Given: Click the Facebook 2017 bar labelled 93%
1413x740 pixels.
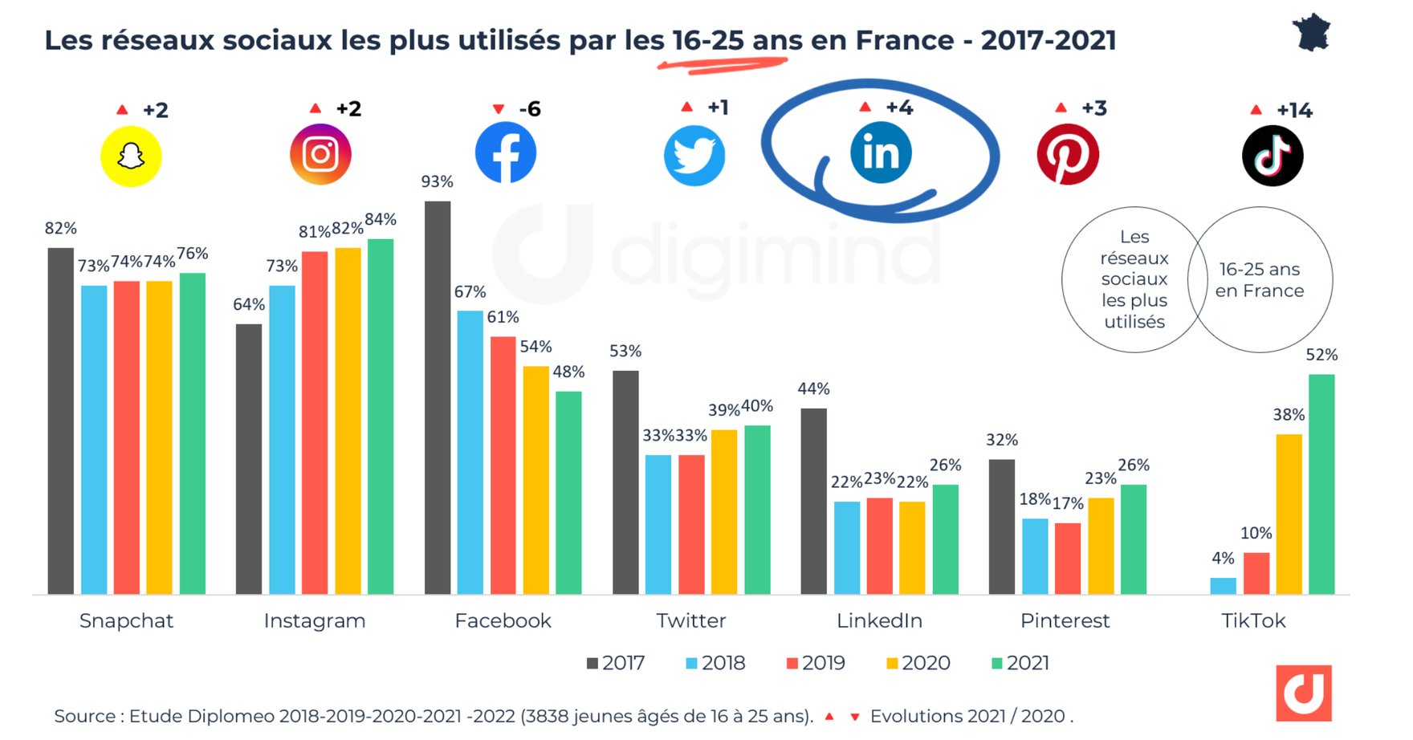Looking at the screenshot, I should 438,397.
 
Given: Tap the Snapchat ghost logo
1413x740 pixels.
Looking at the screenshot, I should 131,157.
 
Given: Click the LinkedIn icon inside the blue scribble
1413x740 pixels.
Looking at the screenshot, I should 881,152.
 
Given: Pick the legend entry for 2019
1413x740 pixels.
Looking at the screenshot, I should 816,663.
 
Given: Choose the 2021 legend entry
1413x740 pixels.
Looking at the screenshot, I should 1020,663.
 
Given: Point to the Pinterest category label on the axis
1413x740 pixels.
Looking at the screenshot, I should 1065,620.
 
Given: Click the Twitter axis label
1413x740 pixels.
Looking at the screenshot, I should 690,620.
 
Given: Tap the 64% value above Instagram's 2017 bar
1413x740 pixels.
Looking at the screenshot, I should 249,305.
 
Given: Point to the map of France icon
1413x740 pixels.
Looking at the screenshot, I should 1311,33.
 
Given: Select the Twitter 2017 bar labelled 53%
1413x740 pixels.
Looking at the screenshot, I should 625,482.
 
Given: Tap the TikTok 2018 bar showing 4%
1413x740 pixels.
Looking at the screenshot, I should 1223,586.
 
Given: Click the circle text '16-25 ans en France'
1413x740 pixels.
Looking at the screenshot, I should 1259,280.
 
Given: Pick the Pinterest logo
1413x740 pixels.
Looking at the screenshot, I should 1068,154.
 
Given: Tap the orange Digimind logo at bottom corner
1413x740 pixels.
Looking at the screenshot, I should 1303,693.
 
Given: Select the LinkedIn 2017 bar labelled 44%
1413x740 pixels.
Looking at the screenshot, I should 813,501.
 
